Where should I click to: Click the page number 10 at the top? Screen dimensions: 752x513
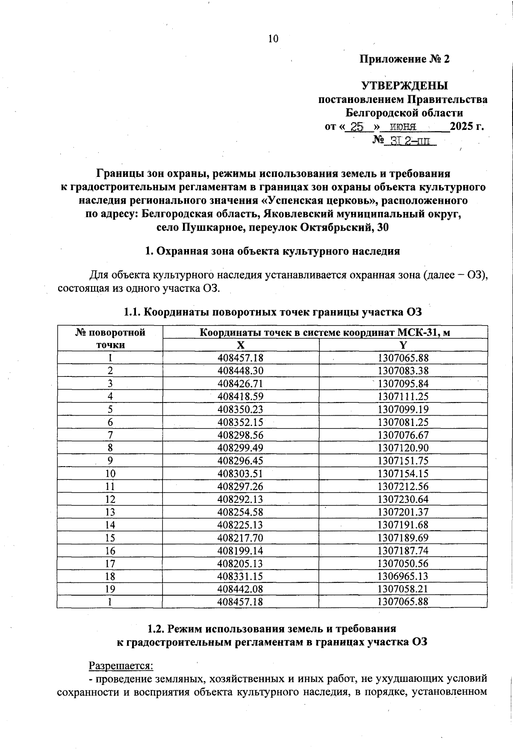pyautogui.click(x=273, y=39)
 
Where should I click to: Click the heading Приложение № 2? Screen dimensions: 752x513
pyautogui.click(x=404, y=59)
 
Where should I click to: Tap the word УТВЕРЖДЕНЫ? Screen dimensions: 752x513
pyautogui.click(x=405, y=86)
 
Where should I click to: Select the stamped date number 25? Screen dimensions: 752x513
pyautogui.click(x=357, y=127)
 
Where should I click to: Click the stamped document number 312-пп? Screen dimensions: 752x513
pyautogui.click(x=410, y=141)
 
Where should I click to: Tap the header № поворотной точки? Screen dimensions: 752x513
pyautogui.click(x=110, y=338)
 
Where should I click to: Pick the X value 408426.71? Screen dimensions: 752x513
pyautogui.click(x=240, y=384)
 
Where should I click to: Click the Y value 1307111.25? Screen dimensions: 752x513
pyautogui.click(x=403, y=397)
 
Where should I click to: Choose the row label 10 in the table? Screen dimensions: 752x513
pyautogui.click(x=110, y=473)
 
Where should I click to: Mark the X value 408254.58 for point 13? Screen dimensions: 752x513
pyautogui.click(x=240, y=512)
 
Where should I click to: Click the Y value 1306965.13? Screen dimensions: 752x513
pyautogui.click(x=403, y=576)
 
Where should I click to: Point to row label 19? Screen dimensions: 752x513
pyautogui.click(x=110, y=589)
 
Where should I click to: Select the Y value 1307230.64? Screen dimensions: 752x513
pyautogui.click(x=403, y=499)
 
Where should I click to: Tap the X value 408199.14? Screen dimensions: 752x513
pyautogui.click(x=240, y=550)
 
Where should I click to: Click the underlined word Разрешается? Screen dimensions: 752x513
pyautogui.click(x=121, y=666)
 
